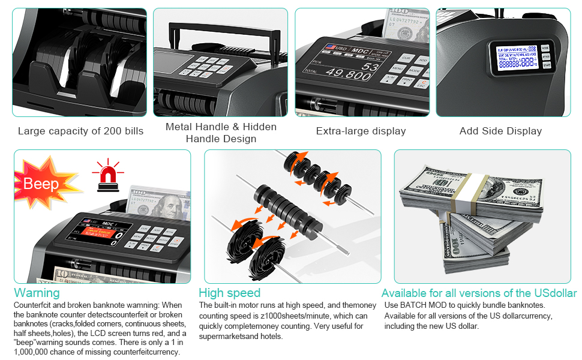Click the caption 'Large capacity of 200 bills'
coord(80,131)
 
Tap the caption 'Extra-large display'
coord(361,131)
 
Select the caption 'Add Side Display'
coord(500,131)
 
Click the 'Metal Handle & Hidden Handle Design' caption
coord(221,133)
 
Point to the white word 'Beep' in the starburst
coord(41,184)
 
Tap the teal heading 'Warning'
coord(37,293)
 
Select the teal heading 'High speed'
coord(230,293)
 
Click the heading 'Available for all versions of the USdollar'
coord(479,293)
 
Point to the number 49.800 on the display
coord(347,75)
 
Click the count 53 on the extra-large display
coord(370,66)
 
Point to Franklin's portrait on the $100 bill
coord(170,207)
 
